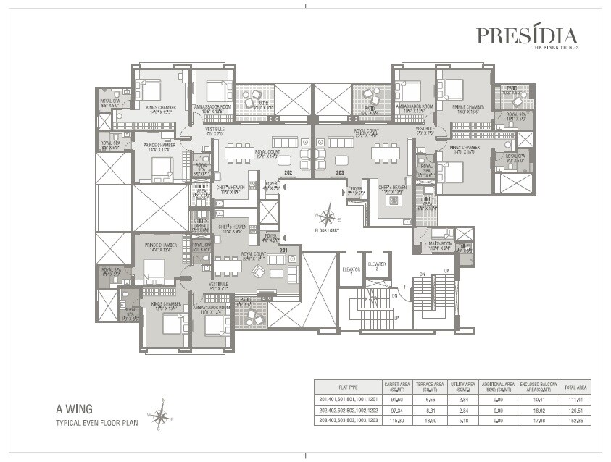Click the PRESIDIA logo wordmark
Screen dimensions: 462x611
coord(527,35)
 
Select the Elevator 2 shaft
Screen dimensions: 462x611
coord(377,267)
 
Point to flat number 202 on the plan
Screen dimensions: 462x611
coord(288,172)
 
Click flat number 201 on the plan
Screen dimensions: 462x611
coord(283,251)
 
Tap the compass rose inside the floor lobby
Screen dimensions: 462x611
coord(329,216)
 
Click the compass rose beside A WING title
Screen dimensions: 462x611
coord(161,416)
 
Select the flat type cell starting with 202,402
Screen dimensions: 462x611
coord(348,410)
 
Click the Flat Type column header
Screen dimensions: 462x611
coord(348,386)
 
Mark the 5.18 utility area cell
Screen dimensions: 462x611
coord(464,420)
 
